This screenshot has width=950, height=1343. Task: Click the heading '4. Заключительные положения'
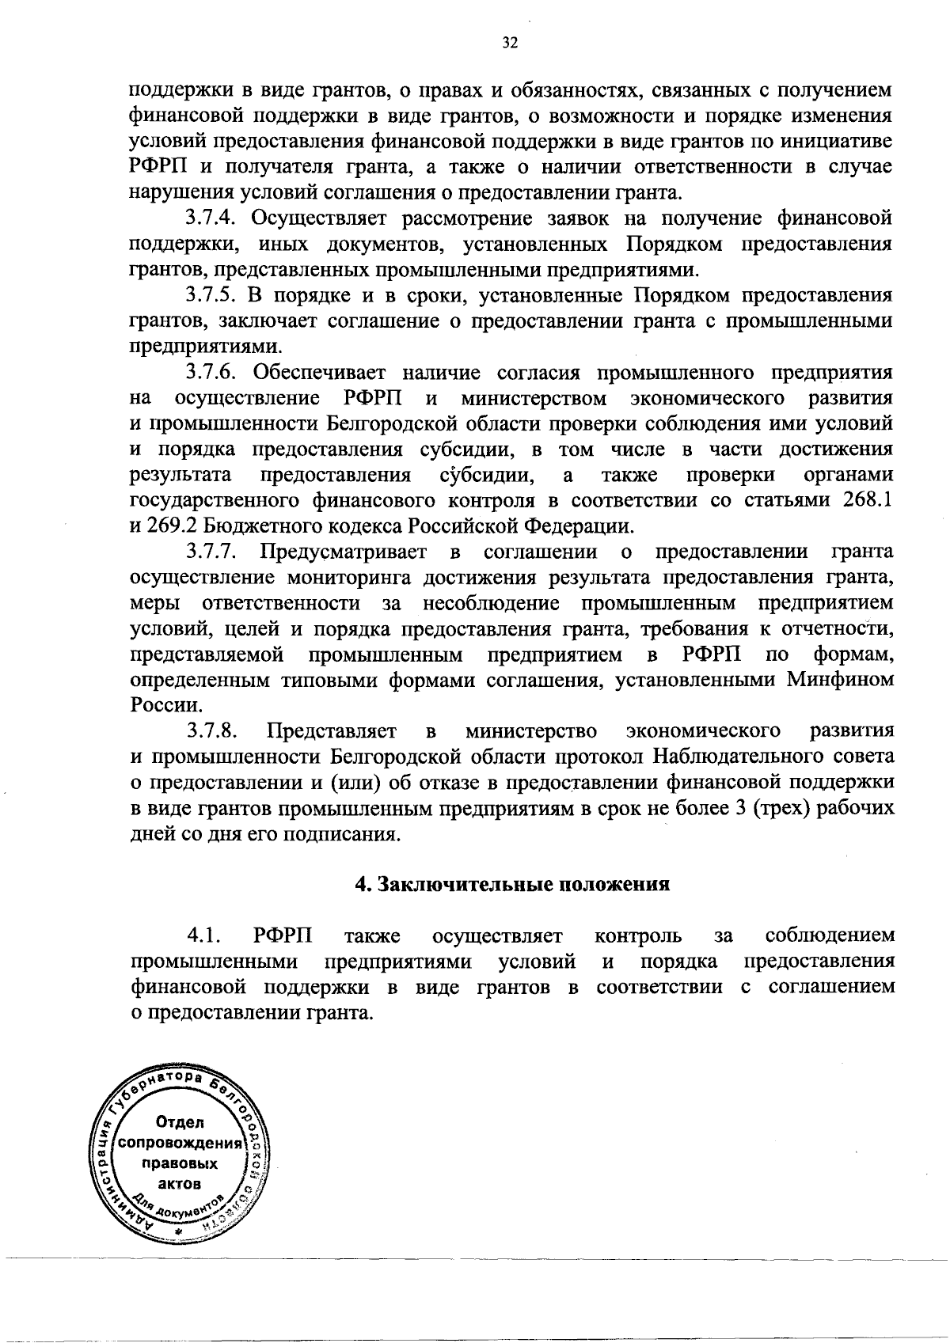click(512, 885)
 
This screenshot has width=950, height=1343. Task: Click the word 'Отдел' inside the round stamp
click(180, 1122)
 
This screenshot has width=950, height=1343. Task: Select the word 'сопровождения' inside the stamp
click(179, 1144)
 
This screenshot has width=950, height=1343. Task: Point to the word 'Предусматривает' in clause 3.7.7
click(344, 552)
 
